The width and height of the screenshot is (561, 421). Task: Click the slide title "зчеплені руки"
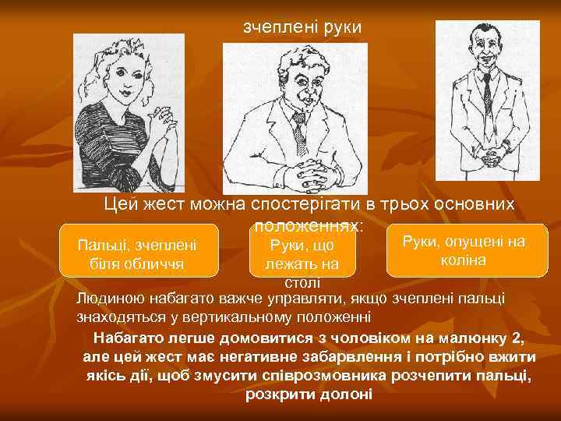302,27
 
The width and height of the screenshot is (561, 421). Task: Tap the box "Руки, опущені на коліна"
463,251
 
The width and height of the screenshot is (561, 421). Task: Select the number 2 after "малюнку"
518,338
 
